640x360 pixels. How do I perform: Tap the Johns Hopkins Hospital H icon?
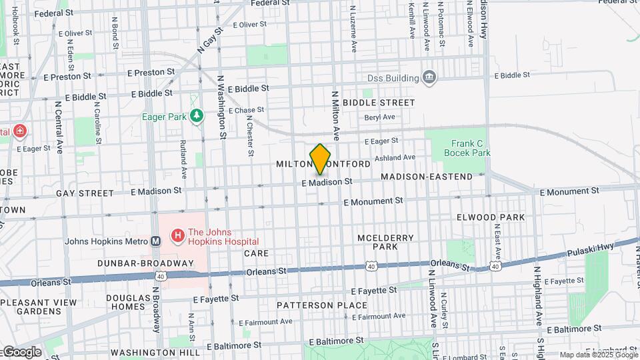178,235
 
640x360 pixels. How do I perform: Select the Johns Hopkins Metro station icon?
156,241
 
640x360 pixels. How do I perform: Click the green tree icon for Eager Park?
196,117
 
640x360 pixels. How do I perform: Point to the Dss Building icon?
430,79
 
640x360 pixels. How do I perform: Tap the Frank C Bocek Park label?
471,148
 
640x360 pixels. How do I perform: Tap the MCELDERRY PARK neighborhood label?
395,242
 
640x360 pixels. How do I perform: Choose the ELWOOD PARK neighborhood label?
491,217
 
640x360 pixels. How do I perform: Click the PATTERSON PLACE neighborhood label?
323,305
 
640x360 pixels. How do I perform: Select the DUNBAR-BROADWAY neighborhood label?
145,263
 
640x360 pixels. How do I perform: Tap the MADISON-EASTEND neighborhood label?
427,177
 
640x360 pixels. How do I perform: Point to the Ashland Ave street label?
395,158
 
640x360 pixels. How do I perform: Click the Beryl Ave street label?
379,117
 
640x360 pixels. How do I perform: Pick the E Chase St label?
246,110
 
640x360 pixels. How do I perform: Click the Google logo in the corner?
21,351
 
